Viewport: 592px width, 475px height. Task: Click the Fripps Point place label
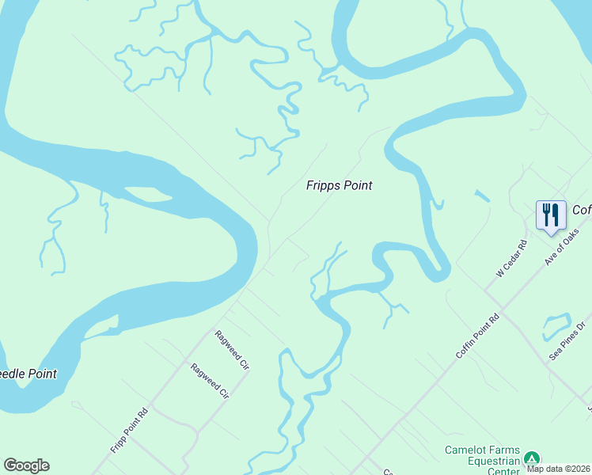pos(339,185)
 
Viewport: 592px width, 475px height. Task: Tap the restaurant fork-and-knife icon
pos(550,215)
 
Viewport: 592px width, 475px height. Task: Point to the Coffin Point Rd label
pos(478,336)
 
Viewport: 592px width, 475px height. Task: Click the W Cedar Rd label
pos(511,260)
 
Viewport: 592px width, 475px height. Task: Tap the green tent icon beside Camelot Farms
pos(533,458)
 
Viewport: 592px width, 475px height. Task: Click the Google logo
pos(26,465)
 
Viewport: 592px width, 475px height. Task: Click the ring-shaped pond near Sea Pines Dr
pos(556,325)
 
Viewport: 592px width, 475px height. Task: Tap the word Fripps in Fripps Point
pos(324,185)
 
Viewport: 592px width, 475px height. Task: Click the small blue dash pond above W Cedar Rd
pos(482,196)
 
